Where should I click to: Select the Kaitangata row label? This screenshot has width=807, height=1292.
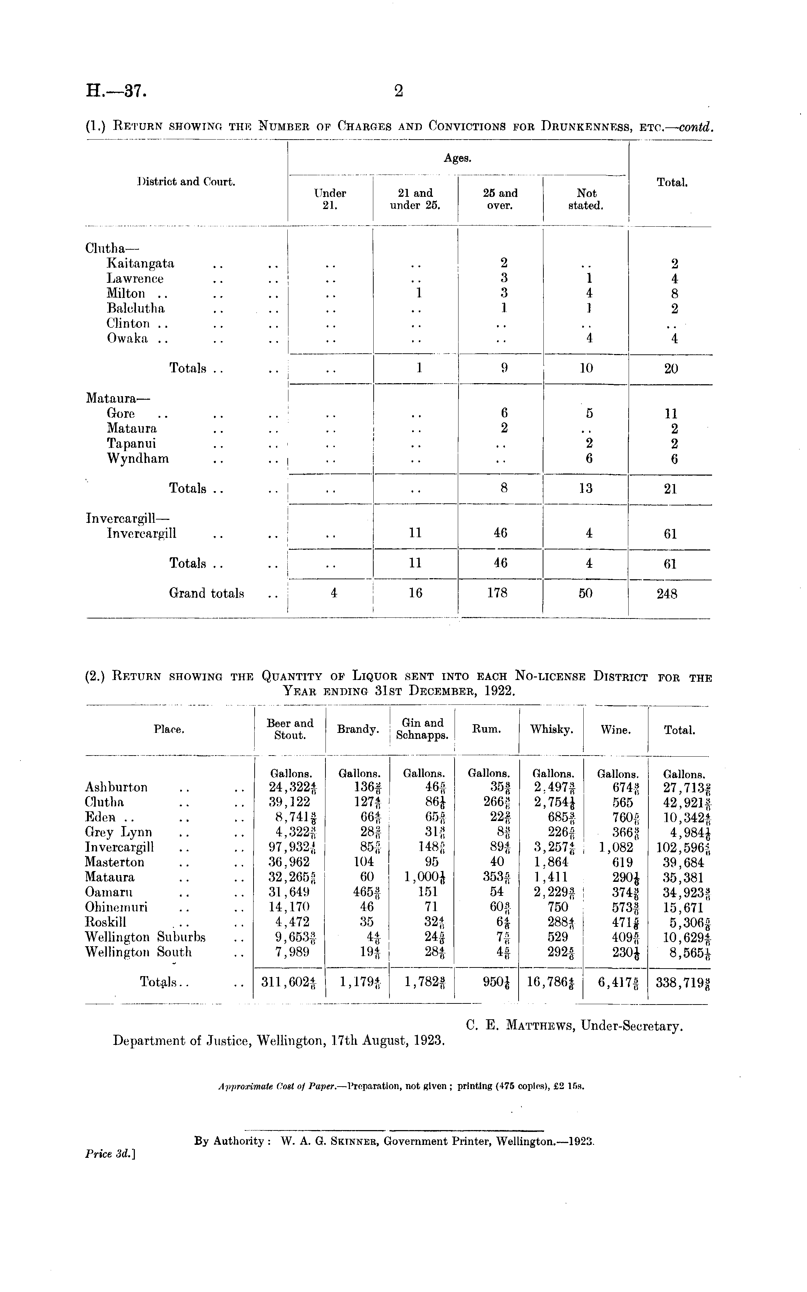pyautogui.click(x=140, y=263)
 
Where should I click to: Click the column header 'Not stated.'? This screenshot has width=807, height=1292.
pyautogui.click(x=586, y=199)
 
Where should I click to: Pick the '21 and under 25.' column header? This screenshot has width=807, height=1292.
pyautogui.click(x=415, y=199)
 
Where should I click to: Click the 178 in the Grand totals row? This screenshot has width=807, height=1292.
pyautogui.click(x=497, y=593)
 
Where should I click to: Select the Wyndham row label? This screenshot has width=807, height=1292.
pyautogui.click(x=138, y=459)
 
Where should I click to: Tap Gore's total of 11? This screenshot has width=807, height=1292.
pyautogui.click(x=671, y=413)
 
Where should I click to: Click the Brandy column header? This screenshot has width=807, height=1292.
pyautogui.click(x=357, y=729)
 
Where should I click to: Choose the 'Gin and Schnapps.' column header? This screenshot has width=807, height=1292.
pyautogui.click(x=423, y=729)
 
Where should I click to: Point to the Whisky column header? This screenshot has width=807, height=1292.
pyautogui.click(x=551, y=729)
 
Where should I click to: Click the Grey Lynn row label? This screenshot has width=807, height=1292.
pyautogui.click(x=118, y=832)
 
